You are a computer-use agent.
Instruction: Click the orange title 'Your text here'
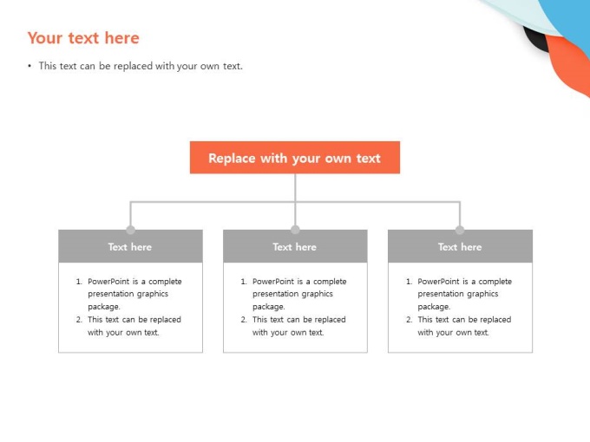tap(83, 38)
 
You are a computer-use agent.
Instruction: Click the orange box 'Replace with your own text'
tap(295, 158)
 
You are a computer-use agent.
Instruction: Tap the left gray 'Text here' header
tap(130, 246)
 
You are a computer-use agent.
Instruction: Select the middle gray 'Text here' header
tap(295, 246)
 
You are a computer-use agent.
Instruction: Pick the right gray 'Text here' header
tap(460, 246)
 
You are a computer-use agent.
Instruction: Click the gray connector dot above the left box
tap(130, 230)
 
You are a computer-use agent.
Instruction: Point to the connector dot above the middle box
tap(295, 230)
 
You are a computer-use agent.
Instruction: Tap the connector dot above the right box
tap(460, 230)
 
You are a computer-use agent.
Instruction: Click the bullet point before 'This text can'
tap(29, 67)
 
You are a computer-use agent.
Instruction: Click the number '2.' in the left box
tap(79, 320)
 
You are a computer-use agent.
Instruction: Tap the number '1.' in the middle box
tap(244, 281)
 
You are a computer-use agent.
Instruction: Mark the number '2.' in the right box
tap(409, 320)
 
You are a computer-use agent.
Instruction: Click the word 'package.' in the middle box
tap(269, 307)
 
